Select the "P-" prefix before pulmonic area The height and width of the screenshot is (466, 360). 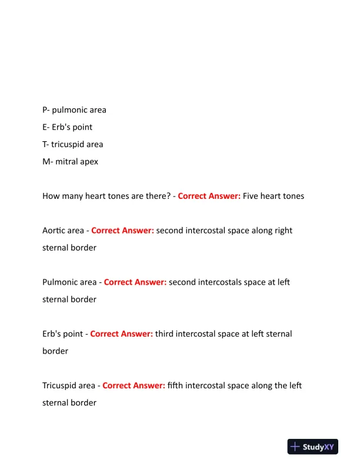point(46,110)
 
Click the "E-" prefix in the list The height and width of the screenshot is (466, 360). point(46,127)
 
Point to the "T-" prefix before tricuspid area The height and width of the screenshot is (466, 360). point(46,144)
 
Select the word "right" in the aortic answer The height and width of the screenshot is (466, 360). point(283,231)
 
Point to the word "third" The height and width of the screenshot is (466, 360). point(165,334)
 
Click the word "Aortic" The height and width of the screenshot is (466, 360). point(54,231)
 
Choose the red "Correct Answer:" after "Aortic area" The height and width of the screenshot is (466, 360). point(122,231)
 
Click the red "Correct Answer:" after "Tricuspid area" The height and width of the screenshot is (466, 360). point(134,385)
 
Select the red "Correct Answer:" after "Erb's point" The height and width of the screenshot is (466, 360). point(121,334)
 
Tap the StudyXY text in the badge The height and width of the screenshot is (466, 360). point(321,447)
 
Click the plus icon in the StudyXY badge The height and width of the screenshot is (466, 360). point(295,447)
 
